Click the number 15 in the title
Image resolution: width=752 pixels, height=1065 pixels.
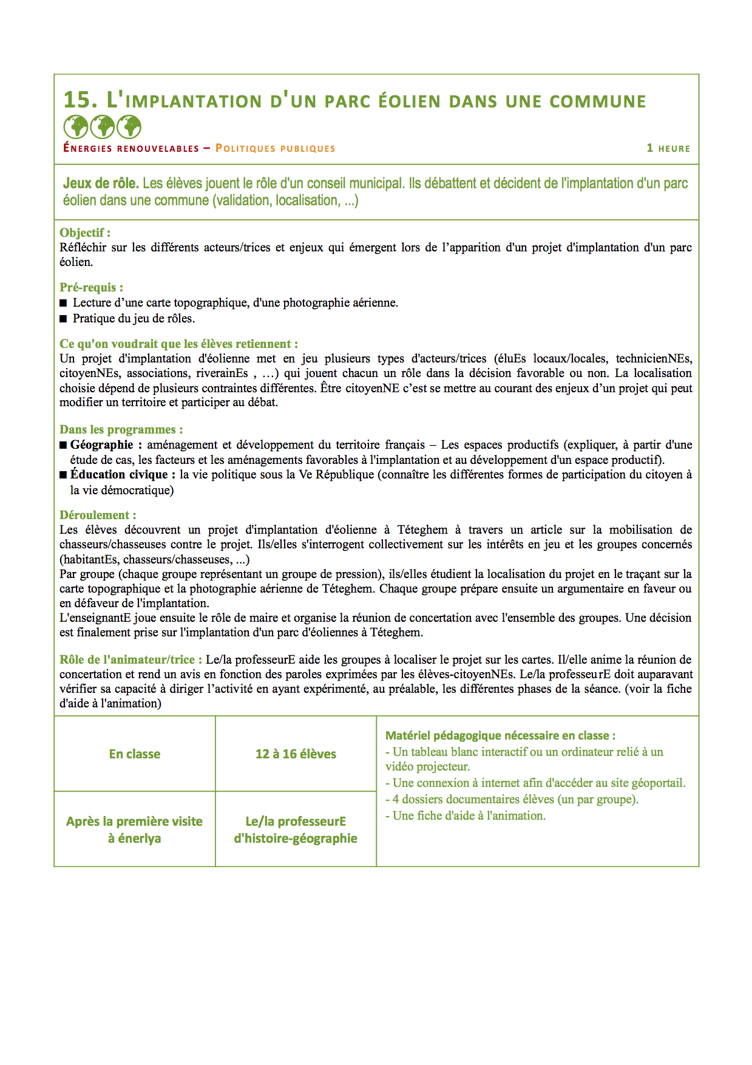click(x=80, y=100)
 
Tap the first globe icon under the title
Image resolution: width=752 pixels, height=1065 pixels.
click(x=76, y=127)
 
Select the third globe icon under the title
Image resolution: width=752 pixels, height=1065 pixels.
click(x=129, y=127)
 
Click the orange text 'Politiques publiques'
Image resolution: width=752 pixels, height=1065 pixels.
click(x=275, y=148)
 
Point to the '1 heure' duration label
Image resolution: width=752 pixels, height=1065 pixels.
click(x=668, y=148)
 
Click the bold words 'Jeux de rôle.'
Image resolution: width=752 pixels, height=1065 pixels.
click(x=101, y=183)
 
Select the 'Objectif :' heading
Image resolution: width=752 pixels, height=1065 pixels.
click(x=85, y=233)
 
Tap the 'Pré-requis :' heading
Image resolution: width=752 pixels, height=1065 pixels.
click(x=91, y=287)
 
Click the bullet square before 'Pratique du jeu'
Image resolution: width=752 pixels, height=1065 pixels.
click(x=63, y=319)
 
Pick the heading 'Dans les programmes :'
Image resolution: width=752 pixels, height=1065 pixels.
click(x=121, y=429)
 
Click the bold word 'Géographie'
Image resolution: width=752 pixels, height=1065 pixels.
click(x=101, y=444)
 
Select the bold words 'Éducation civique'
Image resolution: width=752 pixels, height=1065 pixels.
click(x=119, y=474)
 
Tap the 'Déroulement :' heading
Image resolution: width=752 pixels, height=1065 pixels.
click(x=98, y=515)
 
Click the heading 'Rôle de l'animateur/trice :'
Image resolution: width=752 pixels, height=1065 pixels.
click(x=130, y=659)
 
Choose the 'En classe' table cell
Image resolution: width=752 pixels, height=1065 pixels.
click(x=135, y=754)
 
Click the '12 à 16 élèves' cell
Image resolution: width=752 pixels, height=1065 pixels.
click(x=296, y=754)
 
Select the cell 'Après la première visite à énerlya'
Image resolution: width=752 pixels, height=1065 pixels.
click(x=135, y=829)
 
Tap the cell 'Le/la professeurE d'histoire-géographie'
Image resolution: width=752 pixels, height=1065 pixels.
click(x=296, y=829)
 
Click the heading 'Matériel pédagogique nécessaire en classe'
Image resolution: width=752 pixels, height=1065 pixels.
click(x=500, y=735)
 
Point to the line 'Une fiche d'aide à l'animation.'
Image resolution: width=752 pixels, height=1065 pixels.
click(x=469, y=816)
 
